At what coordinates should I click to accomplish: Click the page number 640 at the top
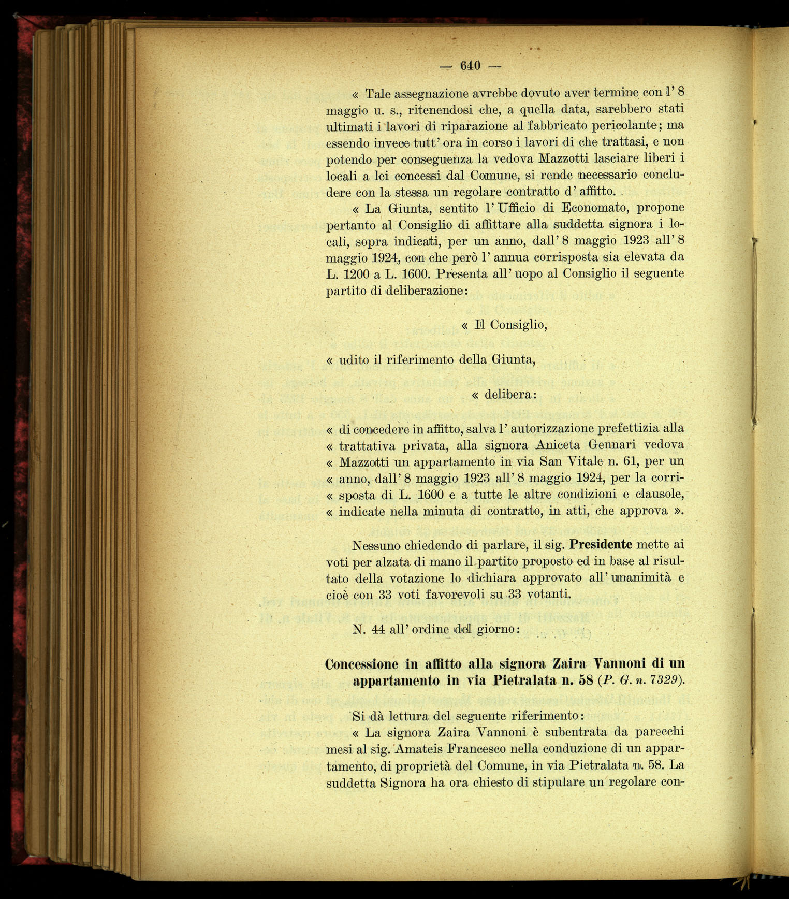(470, 66)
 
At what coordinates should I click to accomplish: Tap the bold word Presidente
(601, 545)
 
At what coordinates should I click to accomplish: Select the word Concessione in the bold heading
(361, 664)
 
